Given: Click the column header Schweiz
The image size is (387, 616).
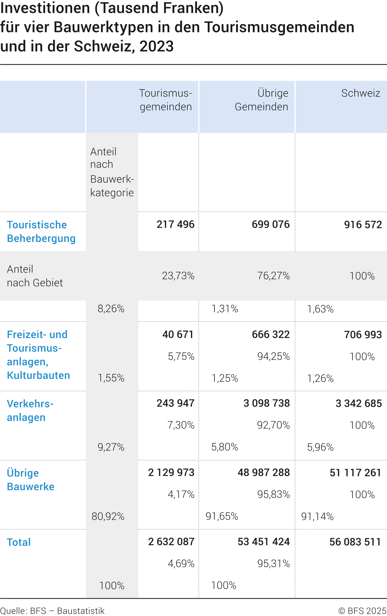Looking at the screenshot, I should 361,93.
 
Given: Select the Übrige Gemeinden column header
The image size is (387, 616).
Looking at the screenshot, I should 261,100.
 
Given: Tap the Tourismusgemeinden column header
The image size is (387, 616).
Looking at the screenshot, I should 165,100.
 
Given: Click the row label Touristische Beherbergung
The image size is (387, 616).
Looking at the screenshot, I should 41,232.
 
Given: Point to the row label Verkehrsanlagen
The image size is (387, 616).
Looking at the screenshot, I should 30,410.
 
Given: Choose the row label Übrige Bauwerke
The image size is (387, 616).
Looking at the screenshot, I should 31,480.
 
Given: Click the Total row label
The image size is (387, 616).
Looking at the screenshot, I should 19,542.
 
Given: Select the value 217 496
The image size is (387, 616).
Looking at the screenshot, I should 175,225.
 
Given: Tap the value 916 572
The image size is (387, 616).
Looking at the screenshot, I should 363,225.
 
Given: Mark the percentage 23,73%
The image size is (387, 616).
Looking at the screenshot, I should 178,276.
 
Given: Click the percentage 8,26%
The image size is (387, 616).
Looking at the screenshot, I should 111,309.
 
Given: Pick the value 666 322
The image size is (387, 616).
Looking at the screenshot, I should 271,335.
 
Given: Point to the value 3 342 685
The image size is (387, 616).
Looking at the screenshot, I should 359,403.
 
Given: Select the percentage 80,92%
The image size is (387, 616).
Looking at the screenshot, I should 108,516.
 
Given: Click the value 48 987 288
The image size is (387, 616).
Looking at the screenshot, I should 264,473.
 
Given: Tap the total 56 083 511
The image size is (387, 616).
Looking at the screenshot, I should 355,542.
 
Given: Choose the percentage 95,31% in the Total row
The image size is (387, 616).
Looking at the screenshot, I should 273,564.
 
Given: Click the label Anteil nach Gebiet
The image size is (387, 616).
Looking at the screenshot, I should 35,276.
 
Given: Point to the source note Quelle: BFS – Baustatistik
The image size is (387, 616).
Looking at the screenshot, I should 52,611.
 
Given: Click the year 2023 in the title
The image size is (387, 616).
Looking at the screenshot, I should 156,46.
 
